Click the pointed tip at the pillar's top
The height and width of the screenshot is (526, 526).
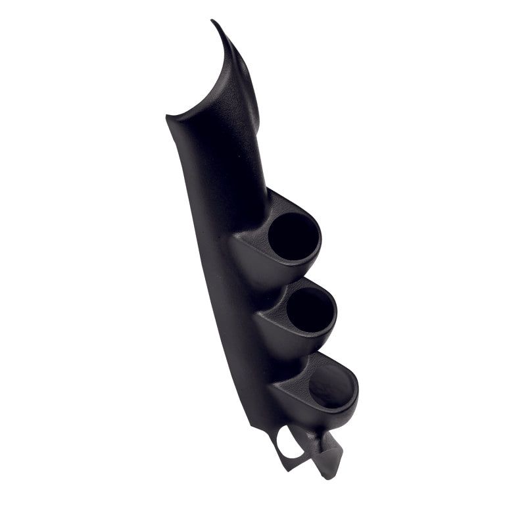(213, 22)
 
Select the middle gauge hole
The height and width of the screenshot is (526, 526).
(310, 310)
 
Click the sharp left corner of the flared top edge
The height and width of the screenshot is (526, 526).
(168, 118)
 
